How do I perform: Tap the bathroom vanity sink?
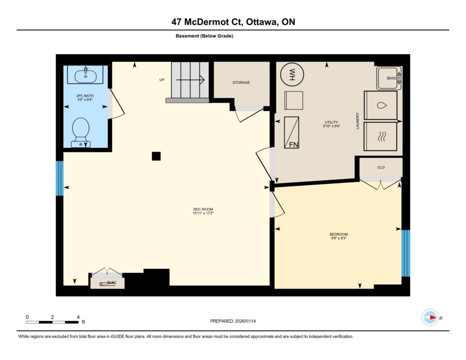tap(85, 76)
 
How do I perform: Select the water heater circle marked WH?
tap(292, 74)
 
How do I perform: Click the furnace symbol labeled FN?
tap(291, 132)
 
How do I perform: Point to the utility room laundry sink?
tap(389, 78)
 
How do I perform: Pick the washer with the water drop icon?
tap(381, 106)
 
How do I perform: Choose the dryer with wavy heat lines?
tap(381, 137)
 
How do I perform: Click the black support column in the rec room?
tap(157, 156)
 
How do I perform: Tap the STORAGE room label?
tap(241, 82)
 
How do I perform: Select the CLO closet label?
tap(381, 167)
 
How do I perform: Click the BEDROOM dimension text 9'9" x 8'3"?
tap(339, 238)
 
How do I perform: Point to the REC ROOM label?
tap(203, 209)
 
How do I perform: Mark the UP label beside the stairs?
tap(162, 80)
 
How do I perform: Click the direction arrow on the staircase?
tap(190, 80)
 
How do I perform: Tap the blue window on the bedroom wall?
tap(405, 254)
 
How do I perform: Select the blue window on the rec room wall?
tap(60, 178)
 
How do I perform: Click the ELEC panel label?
tap(112, 283)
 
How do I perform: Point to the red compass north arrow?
tap(433, 318)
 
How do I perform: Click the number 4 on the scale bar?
tap(78, 317)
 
